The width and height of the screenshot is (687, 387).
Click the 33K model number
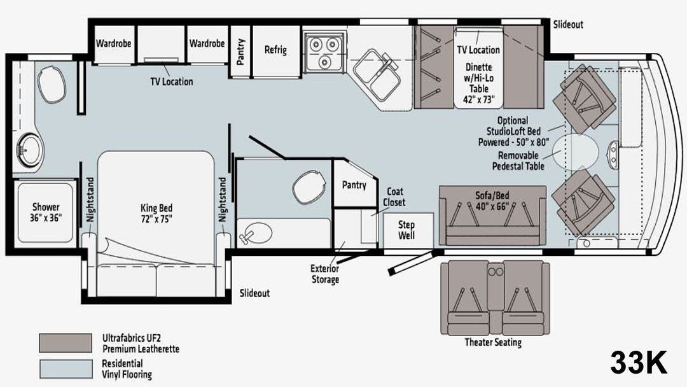tap(639, 363)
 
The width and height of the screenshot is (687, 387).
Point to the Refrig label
tap(275, 50)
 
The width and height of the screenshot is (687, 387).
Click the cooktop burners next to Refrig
tap(324, 52)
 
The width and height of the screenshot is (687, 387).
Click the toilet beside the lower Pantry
tap(309, 187)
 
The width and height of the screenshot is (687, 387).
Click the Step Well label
tap(406, 230)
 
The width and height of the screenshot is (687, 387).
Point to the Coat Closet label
tap(394, 197)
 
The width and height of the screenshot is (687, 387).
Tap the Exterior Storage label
tap(324, 274)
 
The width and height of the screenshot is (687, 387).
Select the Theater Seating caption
tap(493, 342)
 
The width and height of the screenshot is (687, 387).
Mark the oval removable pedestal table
tap(575, 153)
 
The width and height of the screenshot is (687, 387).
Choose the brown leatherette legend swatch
tap(66, 343)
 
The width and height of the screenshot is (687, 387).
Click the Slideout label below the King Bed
tap(254, 293)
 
